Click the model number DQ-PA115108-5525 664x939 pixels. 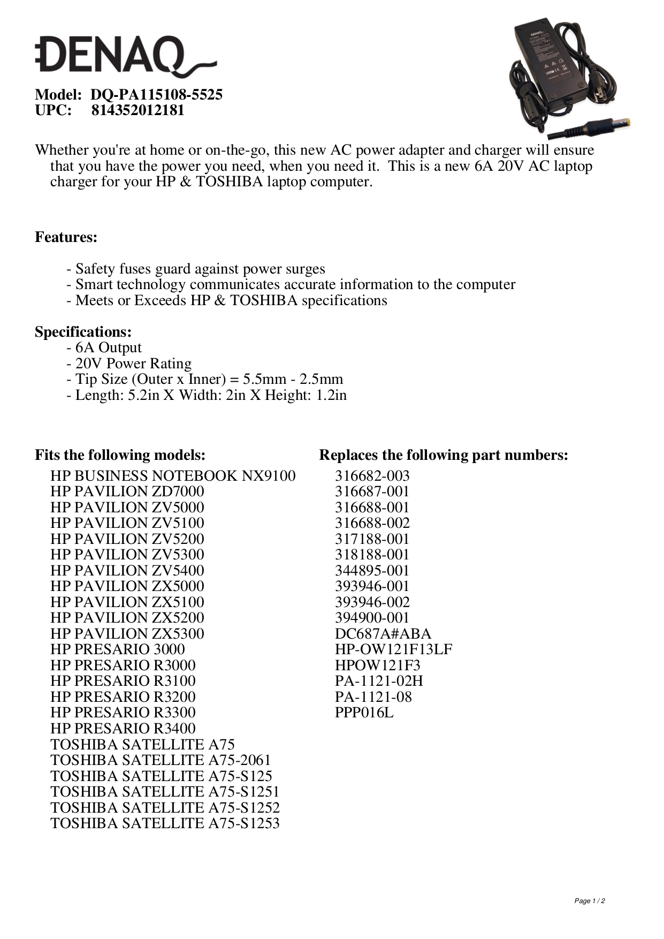156,95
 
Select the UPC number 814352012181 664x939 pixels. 138,110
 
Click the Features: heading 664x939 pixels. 66,237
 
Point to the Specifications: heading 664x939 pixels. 83,332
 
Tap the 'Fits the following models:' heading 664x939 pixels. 120,455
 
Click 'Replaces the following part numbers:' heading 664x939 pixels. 444,455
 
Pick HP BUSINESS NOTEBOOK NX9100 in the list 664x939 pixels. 173,476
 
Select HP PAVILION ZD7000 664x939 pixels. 127,491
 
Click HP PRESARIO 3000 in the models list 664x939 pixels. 118,649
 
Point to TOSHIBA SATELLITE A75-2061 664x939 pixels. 161,760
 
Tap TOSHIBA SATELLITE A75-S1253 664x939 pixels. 165,823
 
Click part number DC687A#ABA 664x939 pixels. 383,634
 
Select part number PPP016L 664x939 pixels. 364,713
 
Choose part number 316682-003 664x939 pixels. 372,476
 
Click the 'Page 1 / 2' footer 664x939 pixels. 590,901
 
